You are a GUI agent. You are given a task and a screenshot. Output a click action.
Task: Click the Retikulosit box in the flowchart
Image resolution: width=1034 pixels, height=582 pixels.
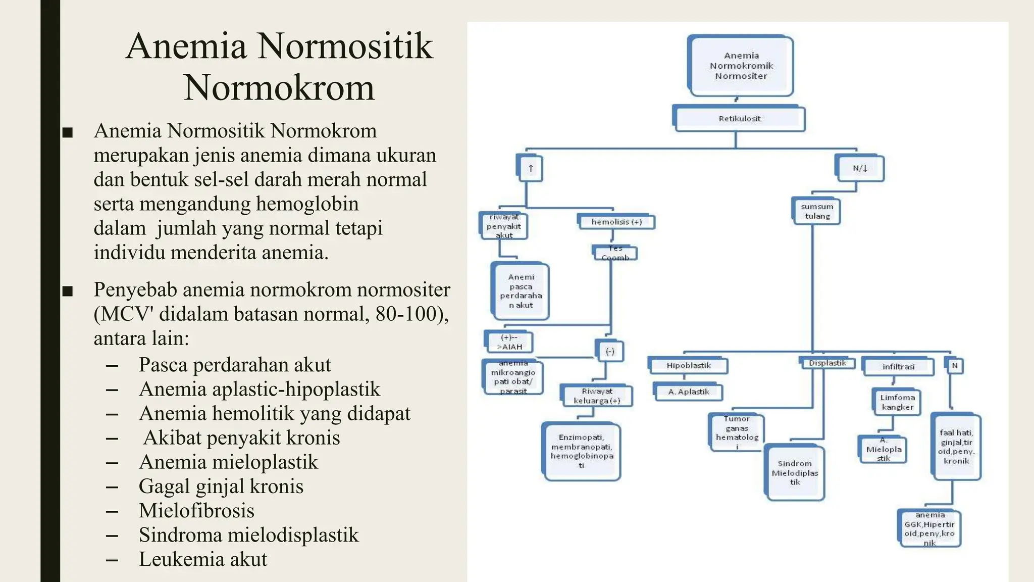(x=739, y=119)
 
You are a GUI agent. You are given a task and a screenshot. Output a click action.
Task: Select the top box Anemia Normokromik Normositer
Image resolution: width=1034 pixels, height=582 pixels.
(x=741, y=66)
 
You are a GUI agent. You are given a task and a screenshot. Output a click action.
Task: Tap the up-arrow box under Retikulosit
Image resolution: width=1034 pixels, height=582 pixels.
(x=530, y=169)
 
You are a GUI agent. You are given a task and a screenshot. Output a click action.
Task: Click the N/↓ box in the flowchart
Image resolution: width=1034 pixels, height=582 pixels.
(x=860, y=168)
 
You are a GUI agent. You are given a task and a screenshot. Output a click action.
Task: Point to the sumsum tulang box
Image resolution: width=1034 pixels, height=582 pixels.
(x=816, y=211)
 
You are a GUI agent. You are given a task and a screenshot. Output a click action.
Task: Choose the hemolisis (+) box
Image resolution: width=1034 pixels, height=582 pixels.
(x=616, y=222)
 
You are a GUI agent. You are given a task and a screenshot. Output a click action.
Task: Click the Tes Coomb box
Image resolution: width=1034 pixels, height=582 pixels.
(x=615, y=253)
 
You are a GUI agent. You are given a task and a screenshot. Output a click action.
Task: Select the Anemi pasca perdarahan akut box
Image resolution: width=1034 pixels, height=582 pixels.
(x=521, y=292)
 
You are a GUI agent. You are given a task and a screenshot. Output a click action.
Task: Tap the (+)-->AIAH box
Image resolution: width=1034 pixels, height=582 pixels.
(x=509, y=342)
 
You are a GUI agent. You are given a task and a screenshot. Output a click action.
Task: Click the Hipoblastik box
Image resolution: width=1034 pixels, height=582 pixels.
(x=688, y=365)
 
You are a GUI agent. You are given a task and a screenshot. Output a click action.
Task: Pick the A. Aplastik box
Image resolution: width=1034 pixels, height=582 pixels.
(x=688, y=392)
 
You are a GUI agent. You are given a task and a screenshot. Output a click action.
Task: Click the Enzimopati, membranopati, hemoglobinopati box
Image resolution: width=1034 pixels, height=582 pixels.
(x=582, y=451)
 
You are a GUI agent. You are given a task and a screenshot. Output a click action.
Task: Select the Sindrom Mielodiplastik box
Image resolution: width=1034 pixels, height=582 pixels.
(x=795, y=473)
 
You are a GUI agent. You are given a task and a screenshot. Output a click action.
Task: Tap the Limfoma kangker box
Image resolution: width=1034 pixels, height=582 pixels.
(x=897, y=402)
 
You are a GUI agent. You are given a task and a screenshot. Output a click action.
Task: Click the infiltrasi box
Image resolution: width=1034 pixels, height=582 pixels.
(x=898, y=367)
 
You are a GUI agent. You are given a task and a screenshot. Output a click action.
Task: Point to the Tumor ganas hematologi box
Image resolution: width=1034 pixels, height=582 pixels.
(x=737, y=432)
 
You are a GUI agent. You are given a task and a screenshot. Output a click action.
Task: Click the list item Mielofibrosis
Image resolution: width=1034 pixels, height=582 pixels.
(x=196, y=511)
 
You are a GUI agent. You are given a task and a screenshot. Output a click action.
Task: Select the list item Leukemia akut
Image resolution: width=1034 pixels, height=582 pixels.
(x=202, y=559)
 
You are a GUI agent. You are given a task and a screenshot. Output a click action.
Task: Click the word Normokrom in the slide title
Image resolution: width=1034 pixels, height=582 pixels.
(x=279, y=88)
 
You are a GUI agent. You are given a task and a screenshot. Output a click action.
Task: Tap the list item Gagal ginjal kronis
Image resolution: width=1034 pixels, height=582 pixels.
(x=221, y=487)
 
